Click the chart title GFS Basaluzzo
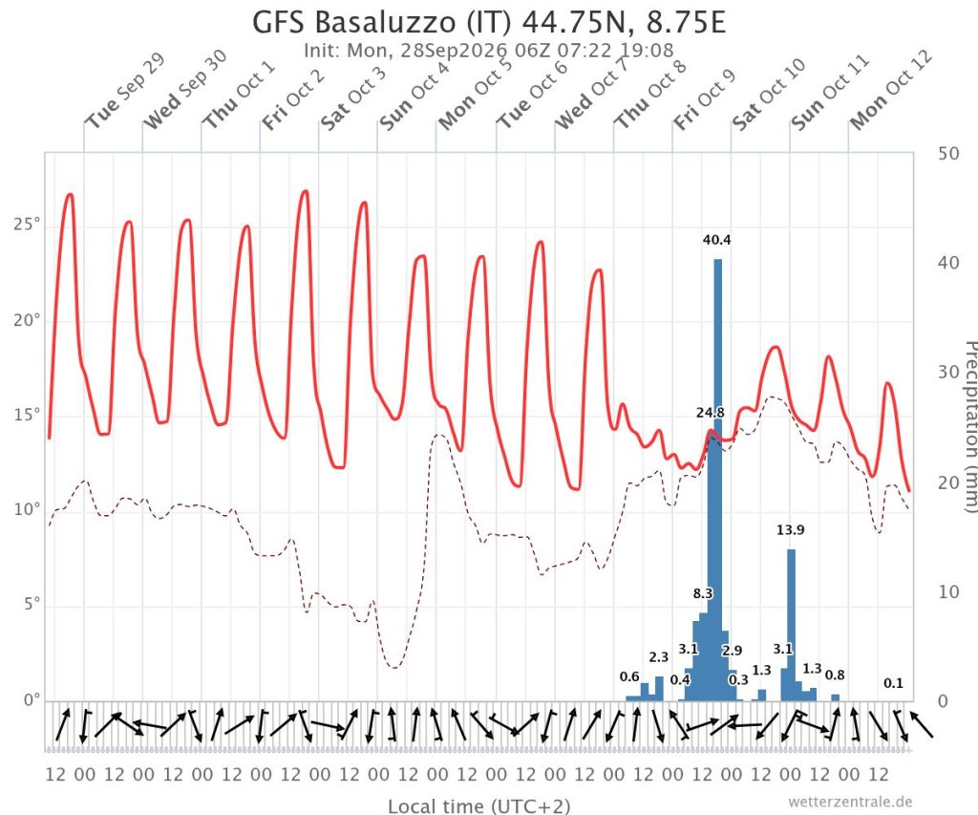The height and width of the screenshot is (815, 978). (355, 22)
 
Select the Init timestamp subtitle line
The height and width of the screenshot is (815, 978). (488, 50)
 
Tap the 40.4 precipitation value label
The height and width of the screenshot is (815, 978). (716, 240)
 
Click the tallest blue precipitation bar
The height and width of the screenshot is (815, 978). (718, 480)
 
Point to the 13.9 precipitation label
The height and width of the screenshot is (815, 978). (790, 530)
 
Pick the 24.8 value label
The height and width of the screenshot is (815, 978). (711, 413)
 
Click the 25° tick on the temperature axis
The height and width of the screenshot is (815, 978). (27, 224)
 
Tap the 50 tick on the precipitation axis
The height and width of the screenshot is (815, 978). (948, 154)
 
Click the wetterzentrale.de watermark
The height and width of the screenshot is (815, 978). (849, 802)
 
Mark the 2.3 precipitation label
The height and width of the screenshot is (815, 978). (659, 656)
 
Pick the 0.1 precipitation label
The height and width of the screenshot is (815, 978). (893, 683)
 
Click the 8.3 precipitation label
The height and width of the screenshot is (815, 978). (703, 592)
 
